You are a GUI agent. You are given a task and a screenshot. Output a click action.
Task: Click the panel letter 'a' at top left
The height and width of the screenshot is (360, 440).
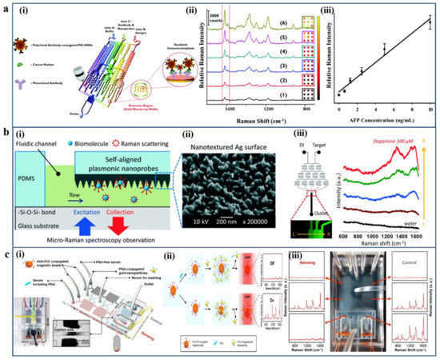pyautogui.click(x=6, y=7)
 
